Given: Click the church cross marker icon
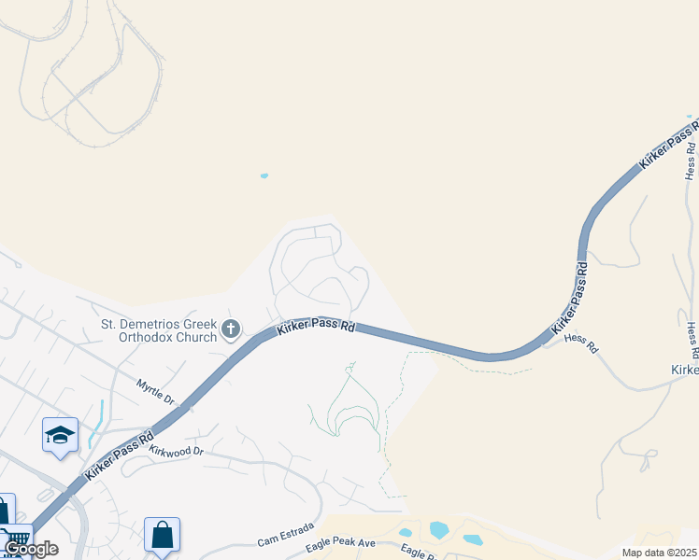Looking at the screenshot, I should pos(231,329).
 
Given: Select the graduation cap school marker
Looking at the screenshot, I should pos(61,436).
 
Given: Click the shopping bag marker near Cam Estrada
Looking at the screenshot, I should pos(163,535).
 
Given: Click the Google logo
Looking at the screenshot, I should pos(31,549).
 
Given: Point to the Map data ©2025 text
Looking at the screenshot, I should pos(660,552).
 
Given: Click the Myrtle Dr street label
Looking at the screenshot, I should pos(154,391).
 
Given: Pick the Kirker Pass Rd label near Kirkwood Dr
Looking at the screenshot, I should pos(119,455).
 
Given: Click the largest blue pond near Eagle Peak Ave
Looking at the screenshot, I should pos(439,530).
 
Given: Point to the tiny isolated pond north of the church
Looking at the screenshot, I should pos(264,175).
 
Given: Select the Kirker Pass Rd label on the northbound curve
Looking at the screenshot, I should pos(569,299).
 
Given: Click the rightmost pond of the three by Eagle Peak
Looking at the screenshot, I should pos(472,539).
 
